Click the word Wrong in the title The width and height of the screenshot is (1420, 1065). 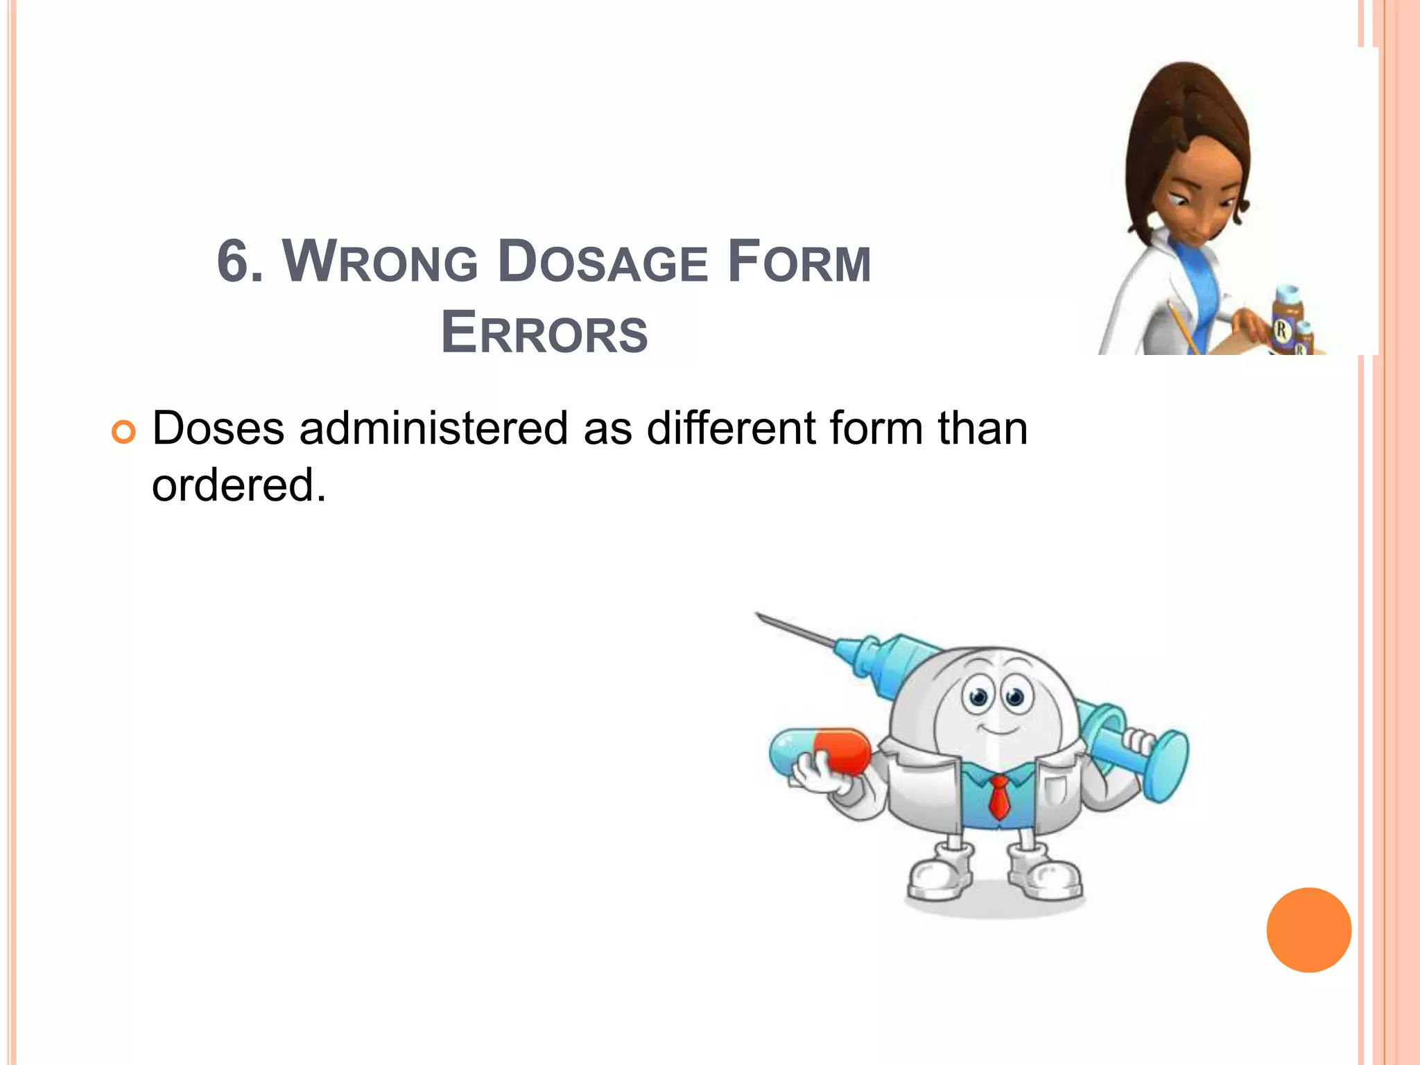tap(380, 263)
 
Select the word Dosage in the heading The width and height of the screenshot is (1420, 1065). tap(603, 263)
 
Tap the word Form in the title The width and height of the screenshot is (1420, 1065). tap(799, 263)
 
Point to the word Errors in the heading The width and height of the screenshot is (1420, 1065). tap(544, 334)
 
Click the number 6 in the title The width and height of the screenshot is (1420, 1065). tap(233, 263)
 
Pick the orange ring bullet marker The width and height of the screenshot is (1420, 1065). tap(123, 433)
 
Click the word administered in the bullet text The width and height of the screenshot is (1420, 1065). tap(433, 428)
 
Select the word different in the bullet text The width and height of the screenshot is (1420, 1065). tap(731, 428)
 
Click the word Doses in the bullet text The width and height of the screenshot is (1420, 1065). tap(218, 428)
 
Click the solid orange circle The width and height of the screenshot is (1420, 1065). tap(1308, 930)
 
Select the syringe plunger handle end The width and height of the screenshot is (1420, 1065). tap(1167, 765)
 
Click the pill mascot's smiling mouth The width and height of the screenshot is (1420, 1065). tap(998, 729)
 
